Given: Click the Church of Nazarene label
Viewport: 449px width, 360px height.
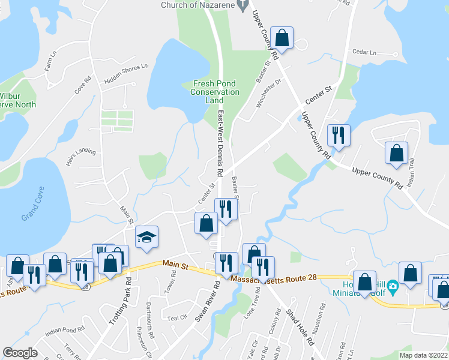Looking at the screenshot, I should click(196, 5).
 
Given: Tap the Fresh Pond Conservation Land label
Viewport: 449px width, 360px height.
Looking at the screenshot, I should click(214, 92).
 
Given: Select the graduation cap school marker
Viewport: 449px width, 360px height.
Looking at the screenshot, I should click(146, 237).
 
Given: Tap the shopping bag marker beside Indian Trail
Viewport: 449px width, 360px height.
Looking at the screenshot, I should click(396, 154).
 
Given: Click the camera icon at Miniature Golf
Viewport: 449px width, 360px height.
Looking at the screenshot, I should click(393, 286).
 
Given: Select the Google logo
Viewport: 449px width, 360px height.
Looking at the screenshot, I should click(20, 353).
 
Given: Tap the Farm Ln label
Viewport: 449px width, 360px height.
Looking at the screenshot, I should click(50, 62).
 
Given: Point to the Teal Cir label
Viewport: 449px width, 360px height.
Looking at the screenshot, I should click(178, 319).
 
